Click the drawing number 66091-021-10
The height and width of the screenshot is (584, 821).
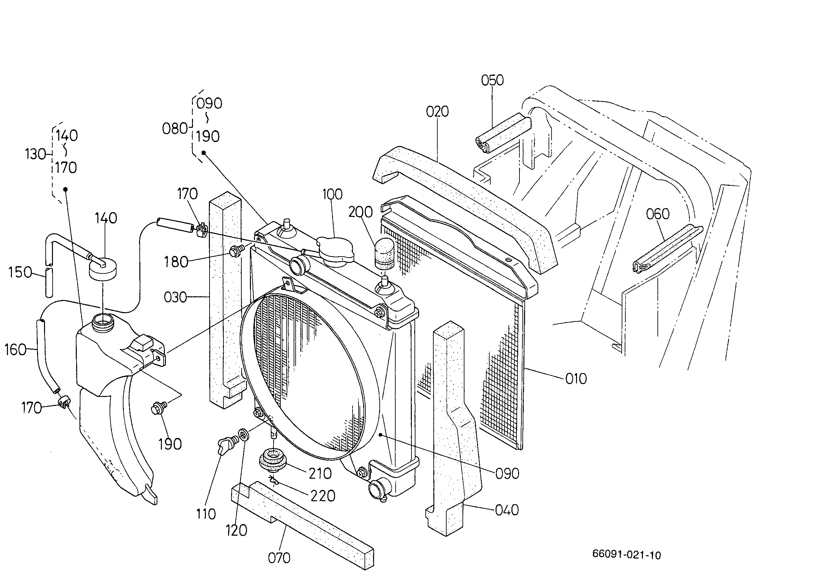click(x=626, y=555)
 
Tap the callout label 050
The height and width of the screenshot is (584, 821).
click(x=492, y=80)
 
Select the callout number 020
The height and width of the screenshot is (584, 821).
click(x=437, y=112)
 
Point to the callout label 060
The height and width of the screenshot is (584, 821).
click(x=658, y=214)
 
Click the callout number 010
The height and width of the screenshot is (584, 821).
click(x=576, y=379)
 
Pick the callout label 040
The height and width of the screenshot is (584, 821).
click(x=507, y=510)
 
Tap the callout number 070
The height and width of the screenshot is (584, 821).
click(x=279, y=558)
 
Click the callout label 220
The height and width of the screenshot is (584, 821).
click(x=322, y=496)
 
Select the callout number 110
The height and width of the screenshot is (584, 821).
click(x=206, y=514)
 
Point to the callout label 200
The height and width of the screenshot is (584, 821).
click(x=360, y=212)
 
